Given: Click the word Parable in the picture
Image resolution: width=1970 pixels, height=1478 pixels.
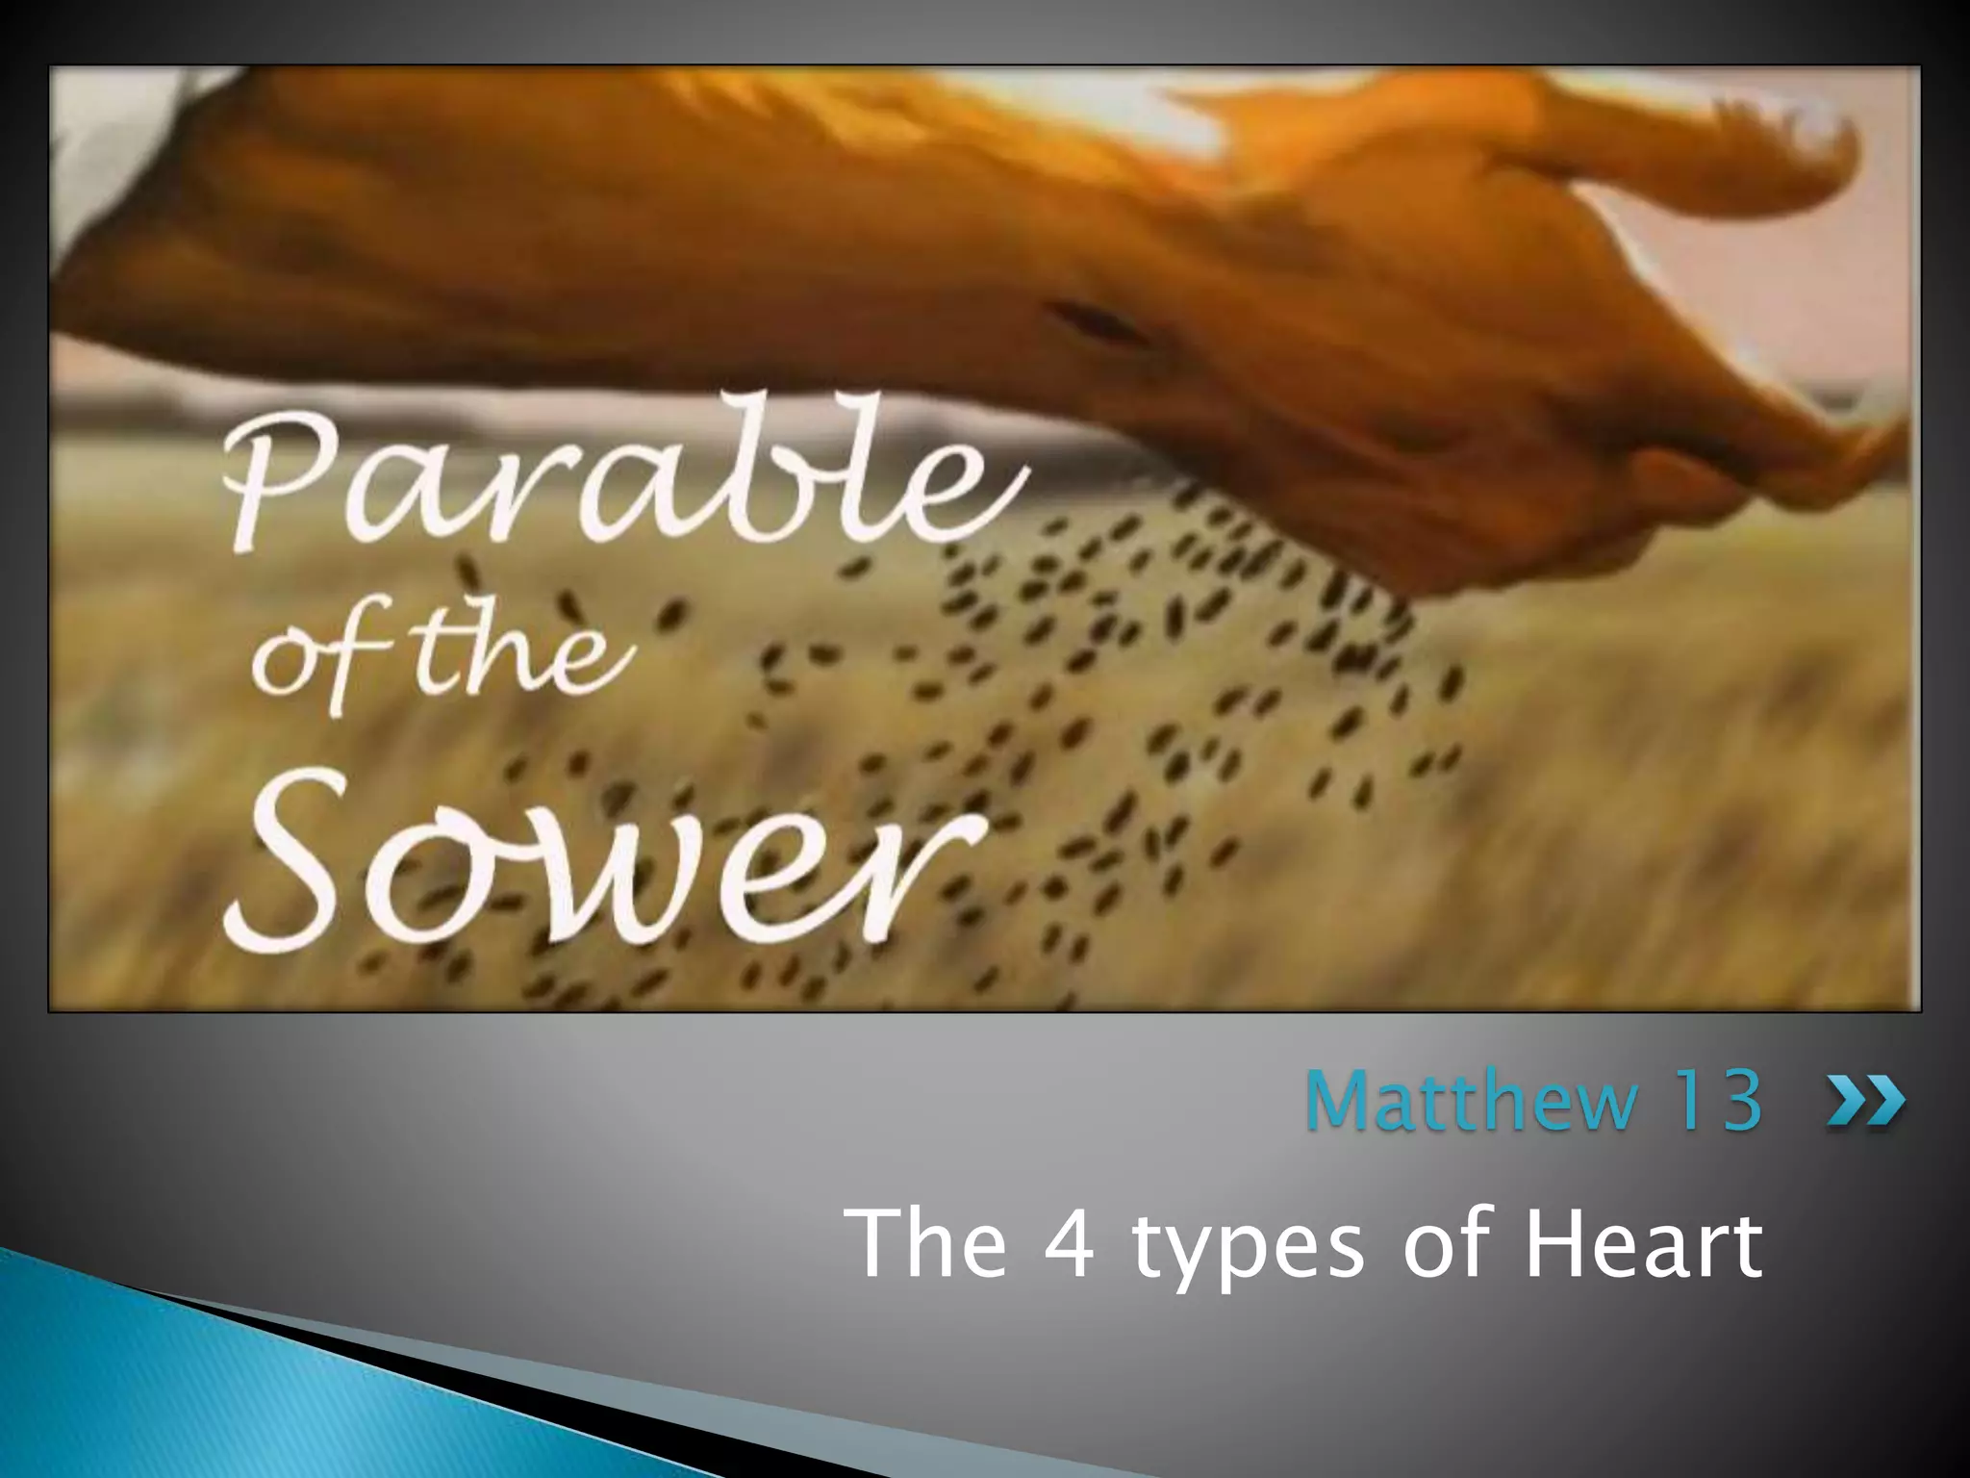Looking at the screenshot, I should [616, 481].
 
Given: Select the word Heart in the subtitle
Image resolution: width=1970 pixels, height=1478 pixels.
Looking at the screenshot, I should [1645, 1243].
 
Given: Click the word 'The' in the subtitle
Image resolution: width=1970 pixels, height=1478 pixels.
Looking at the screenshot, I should [930, 1243].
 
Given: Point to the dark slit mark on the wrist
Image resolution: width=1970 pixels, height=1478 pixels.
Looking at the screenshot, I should [1097, 322].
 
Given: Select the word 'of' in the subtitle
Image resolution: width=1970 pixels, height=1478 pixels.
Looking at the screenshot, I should [1448, 1243].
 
